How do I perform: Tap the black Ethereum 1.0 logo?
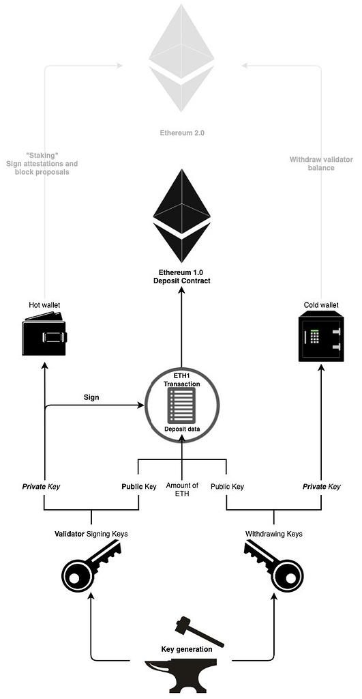[181, 216]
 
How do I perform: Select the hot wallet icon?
[44, 338]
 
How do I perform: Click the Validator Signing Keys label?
[91, 534]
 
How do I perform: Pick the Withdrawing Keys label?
[273, 534]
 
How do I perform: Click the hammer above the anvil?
[198, 631]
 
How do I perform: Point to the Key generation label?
[186, 649]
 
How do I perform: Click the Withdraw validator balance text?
[321, 163]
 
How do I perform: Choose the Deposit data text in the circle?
[181, 429]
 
